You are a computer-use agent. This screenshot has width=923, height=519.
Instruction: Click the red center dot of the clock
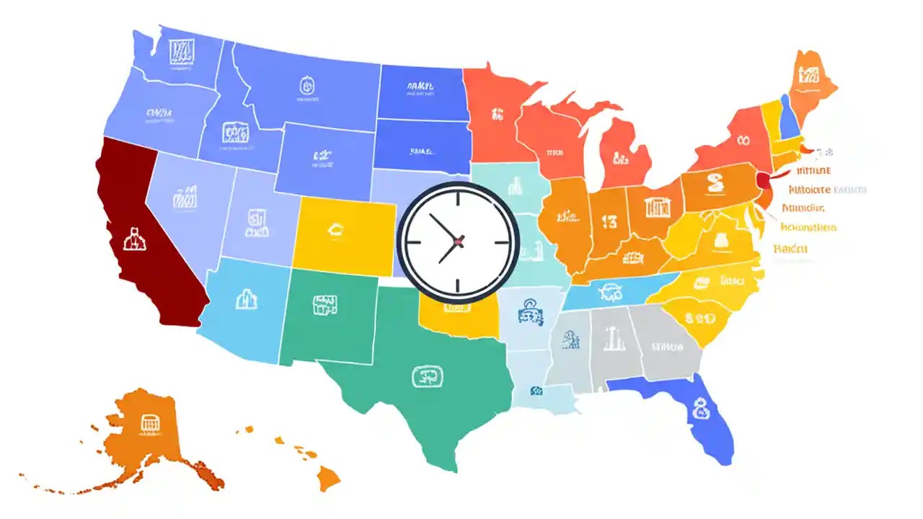coord(459,241)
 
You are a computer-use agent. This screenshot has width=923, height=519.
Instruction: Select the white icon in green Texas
coord(424,376)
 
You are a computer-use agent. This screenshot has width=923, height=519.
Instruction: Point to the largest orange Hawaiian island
coord(330,476)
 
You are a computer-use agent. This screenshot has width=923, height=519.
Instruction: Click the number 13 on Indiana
coord(609,223)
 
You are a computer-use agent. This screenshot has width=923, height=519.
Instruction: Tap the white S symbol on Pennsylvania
coord(715,184)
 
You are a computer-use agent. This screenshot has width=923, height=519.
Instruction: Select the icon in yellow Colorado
coord(335,230)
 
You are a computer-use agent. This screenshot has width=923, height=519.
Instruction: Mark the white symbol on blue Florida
coord(698,411)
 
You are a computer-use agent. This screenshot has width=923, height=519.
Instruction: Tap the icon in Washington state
coord(179,51)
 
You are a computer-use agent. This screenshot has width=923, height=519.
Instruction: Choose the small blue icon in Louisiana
coord(536,391)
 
